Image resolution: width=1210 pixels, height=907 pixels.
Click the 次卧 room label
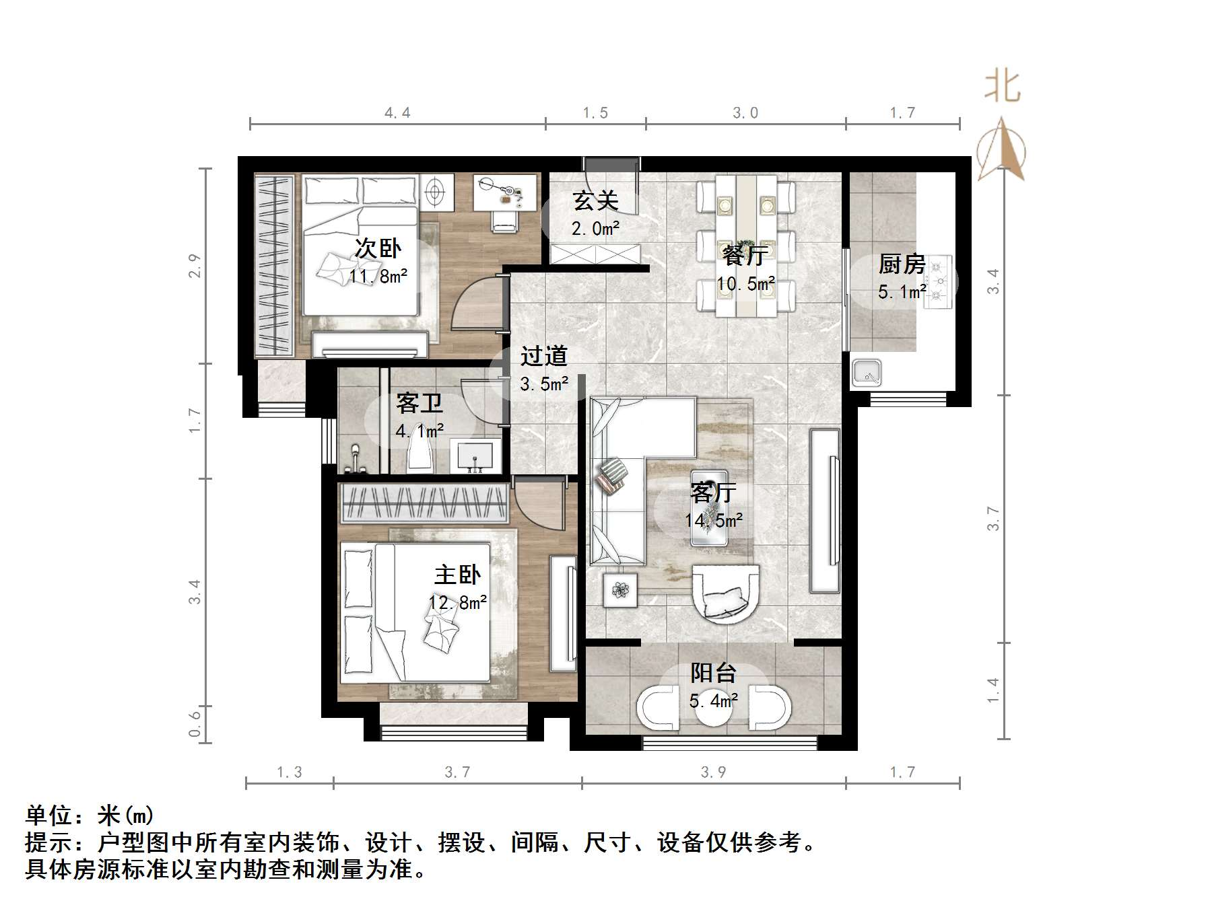[x=378, y=248]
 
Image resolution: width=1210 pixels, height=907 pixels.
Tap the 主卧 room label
[x=457, y=575]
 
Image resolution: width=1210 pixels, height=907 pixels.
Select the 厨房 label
[x=902, y=264]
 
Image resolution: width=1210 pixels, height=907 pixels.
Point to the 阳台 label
[x=713, y=672]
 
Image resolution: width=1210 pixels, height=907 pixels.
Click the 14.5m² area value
[x=714, y=520]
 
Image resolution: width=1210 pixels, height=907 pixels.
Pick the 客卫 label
[x=419, y=403]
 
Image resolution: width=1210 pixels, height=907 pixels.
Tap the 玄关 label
[x=595, y=201]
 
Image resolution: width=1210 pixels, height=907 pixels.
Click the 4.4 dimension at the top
[x=397, y=112]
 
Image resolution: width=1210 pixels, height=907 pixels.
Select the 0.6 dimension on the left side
[x=195, y=724]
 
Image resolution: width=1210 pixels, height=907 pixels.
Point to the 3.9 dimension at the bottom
[x=713, y=772]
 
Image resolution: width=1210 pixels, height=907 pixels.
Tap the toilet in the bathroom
[x=419, y=457]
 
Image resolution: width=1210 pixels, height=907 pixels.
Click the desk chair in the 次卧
[x=504, y=220]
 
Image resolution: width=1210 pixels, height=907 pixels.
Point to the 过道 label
[x=543, y=356]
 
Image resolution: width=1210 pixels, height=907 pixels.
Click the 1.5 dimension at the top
[x=595, y=112]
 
